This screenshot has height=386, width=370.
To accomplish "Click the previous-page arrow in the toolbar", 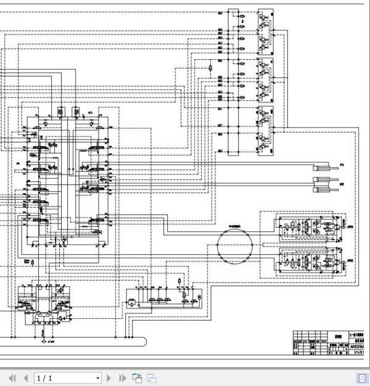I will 25,378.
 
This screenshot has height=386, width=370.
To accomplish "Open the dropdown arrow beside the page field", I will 97,378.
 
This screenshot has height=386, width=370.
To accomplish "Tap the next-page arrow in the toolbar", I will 110,378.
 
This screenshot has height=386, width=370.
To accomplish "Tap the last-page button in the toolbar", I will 122,378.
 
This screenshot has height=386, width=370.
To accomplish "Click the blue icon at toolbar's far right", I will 363,378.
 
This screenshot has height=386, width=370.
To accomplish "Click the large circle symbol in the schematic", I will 234,245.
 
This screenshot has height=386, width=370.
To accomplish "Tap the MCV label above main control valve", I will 90,113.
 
